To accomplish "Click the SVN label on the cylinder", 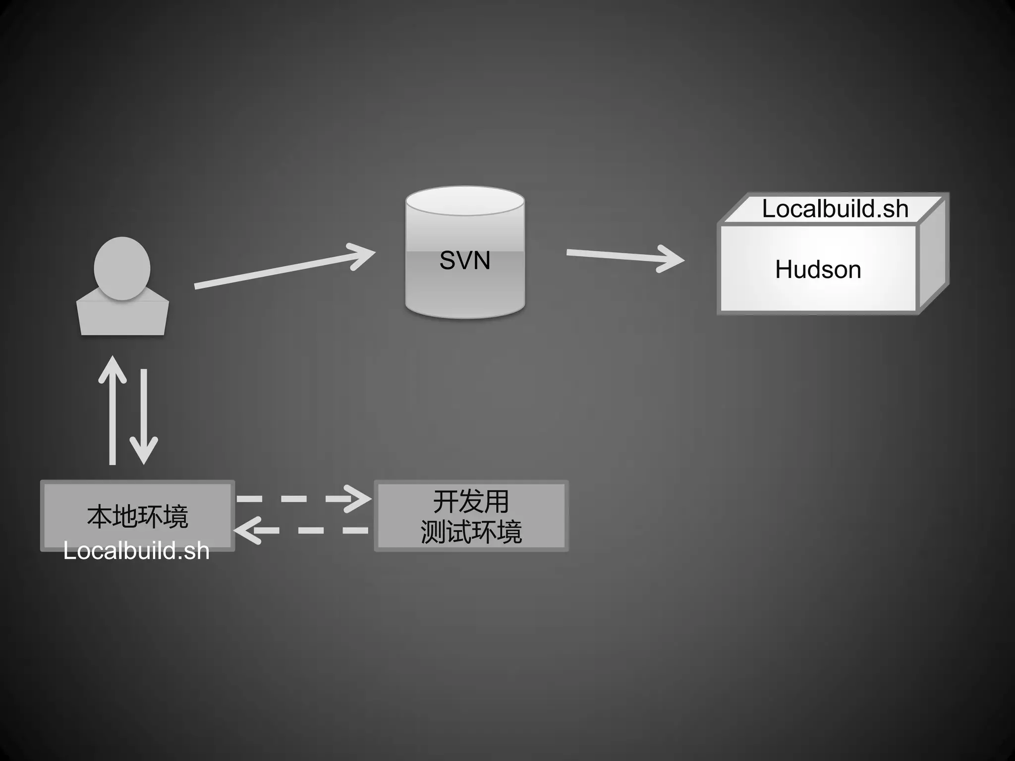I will (x=465, y=261).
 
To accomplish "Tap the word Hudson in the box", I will (x=818, y=270).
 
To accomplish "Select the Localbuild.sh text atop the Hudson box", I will (x=835, y=209).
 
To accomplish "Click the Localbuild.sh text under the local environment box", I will (x=136, y=551).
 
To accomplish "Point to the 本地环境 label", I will (x=137, y=516).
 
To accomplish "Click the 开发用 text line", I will (x=471, y=501).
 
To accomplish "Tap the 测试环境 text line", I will (x=471, y=532).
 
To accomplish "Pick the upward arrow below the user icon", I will (x=113, y=411).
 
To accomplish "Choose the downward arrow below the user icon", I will (x=144, y=416).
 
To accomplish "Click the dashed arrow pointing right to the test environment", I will (x=302, y=498).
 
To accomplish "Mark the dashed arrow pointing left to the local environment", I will (x=302, y=530).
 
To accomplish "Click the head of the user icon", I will (x=122, y=268).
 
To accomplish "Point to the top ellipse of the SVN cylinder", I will (x=465, y=201).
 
